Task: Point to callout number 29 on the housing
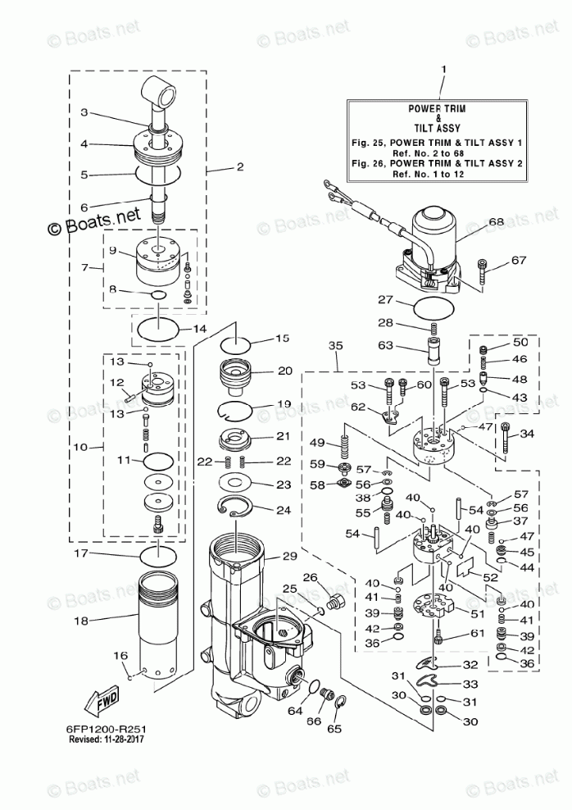tap(289, 557)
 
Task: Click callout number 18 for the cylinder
tap(80, 621)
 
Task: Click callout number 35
tap(336, 346)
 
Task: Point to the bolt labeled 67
tap(485, 271)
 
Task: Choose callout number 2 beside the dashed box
tap(239, 167)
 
